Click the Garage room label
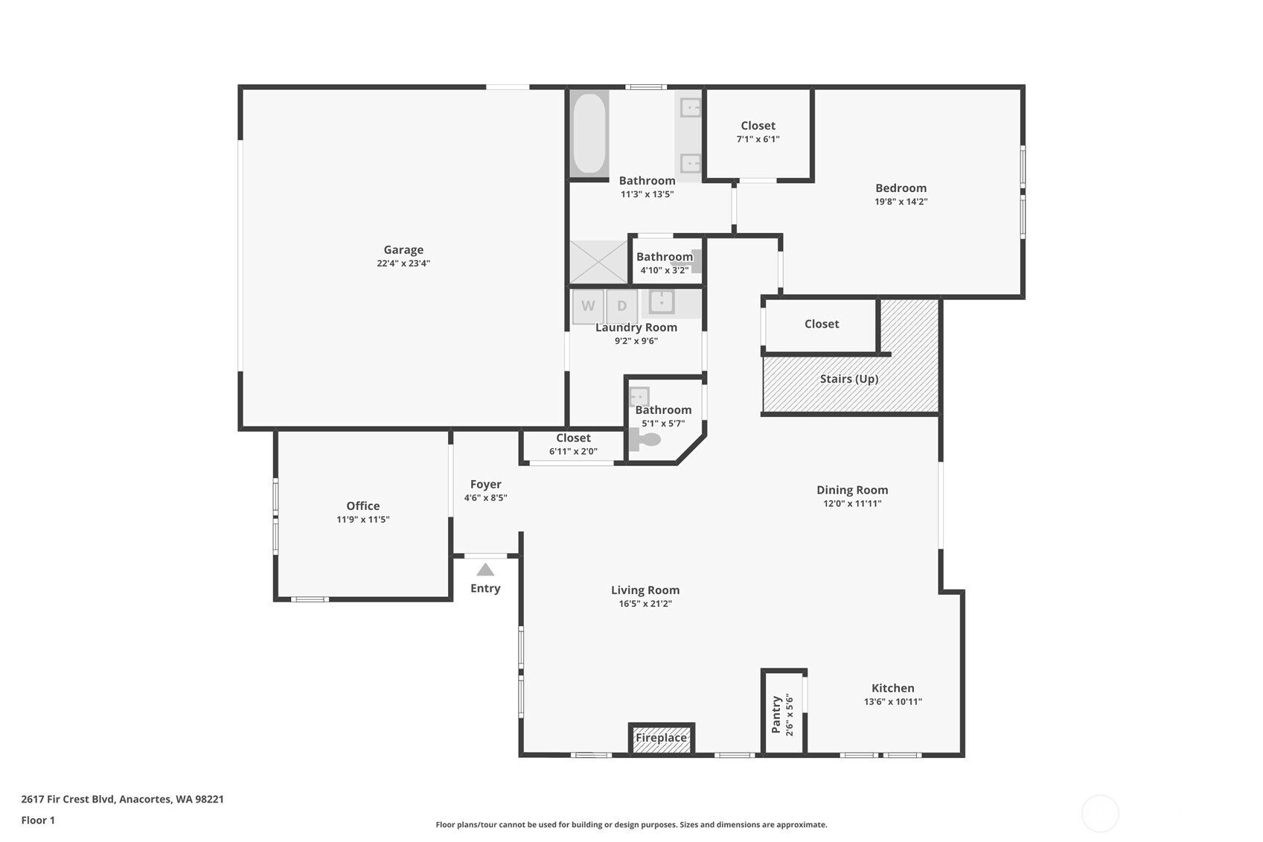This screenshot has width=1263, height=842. point(403,250)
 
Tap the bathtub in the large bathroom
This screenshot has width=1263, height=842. point(589,134)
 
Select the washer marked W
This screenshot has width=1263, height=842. point(588,306)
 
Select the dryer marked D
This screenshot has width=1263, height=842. point(621,306)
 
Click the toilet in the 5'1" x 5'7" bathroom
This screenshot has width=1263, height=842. point(646,440)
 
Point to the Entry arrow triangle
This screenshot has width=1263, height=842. point(485,570)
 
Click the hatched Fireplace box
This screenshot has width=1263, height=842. point(661,739)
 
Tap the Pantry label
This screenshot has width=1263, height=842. point(776,715)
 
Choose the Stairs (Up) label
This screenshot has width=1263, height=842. point(849,379)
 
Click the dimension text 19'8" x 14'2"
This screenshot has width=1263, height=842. point(901,202)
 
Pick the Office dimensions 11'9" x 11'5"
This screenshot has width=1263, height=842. point(362,520)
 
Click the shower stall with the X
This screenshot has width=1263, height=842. point(599,261)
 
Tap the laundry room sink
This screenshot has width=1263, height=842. point(661,302)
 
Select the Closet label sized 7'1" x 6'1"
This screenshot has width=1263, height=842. point(758,126)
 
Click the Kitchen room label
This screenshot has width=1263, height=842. point(892,688)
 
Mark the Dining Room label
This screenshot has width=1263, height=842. point(852,490)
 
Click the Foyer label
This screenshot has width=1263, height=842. point(485,484)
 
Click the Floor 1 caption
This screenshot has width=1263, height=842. point(38,820)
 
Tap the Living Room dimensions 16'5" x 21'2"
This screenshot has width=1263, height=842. point(645,604)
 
